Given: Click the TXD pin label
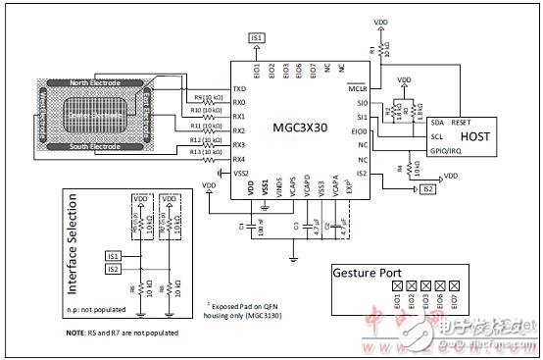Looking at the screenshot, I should [x=239, y=89].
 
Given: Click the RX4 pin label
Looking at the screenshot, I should [x=240, y=159].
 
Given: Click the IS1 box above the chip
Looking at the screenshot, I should [x=257, y=37].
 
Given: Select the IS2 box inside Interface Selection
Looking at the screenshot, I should [x=114, y=268].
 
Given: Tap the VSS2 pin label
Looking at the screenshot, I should [x=241, y=173].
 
